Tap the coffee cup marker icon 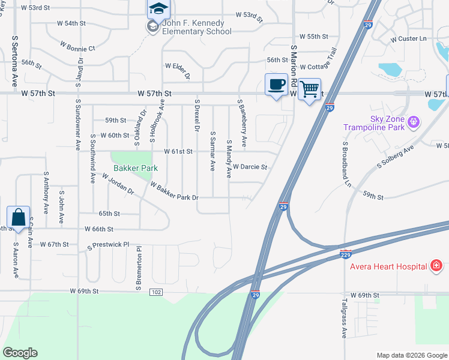276,85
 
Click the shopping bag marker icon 18,218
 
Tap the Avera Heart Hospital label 388,266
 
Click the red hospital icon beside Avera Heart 436,266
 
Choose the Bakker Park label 135,169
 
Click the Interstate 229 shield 345,255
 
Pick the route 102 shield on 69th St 156,292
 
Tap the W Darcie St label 250,167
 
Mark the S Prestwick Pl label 109,245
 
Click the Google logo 20,353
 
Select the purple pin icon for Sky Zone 412,122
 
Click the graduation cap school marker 158,8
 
